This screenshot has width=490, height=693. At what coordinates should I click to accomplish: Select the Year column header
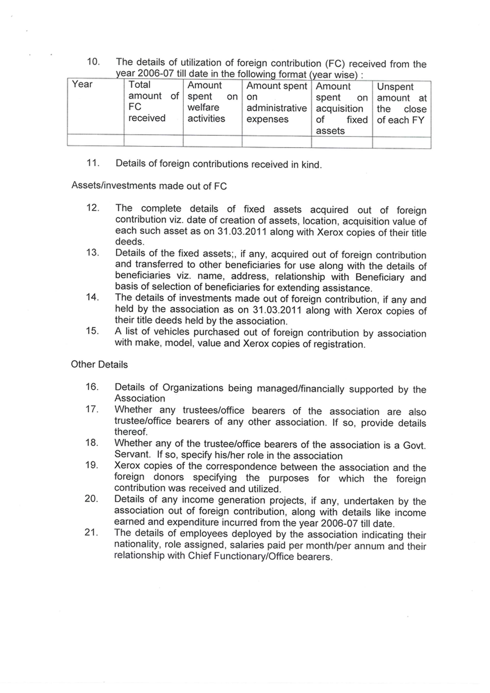point(82,84)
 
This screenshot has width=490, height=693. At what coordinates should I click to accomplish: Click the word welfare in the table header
point(203,108)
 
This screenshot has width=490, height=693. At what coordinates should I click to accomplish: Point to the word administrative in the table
point(276,108)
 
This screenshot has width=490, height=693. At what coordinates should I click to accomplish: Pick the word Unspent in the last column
point(395,87)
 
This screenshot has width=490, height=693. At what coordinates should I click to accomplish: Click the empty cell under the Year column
point(95,140)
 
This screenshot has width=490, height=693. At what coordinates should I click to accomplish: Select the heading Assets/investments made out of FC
point(149,186)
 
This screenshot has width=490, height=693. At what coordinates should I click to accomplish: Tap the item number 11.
point(93,163)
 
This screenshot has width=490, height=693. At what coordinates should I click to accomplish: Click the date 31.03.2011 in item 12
point(242,231)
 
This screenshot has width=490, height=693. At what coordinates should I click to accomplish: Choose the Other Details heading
point(99,365)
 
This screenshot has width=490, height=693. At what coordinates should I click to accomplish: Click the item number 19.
point(91,465)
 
